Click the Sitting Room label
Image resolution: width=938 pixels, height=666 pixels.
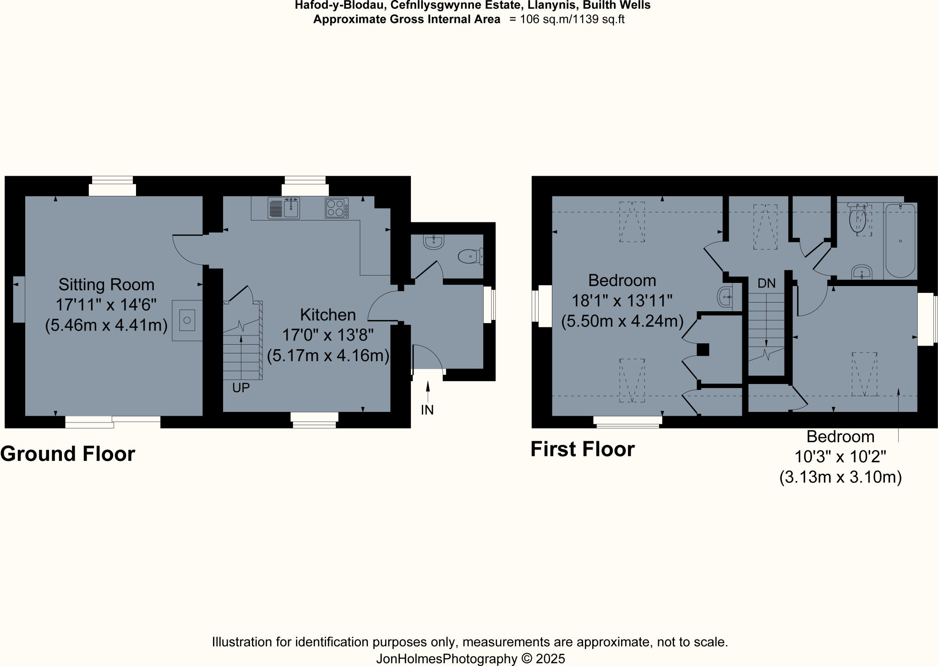tap(106, 285)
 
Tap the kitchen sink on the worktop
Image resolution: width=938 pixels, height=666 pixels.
tap(284, 208)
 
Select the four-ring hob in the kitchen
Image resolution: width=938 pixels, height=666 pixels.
tap(337, 208)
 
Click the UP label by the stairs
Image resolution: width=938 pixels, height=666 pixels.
tap(241, 388)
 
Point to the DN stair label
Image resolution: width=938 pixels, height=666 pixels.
tap(766, 283)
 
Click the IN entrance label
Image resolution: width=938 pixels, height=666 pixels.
tap(427, 410)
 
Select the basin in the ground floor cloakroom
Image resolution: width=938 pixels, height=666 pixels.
tap(433, 242)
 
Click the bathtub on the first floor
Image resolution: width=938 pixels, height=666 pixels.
tap(900, 241)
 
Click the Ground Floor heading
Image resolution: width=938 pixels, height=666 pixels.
tap(68, 454)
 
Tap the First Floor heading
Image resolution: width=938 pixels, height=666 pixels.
tap(582, 449)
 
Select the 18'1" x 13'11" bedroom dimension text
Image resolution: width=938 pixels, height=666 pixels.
tap(622, 301)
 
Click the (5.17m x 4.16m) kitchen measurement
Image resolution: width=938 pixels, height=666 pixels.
tap(328, 356)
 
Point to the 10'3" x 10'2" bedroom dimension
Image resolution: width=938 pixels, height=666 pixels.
tap(840, 457)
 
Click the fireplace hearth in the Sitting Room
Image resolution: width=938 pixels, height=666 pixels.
tap(187, 320)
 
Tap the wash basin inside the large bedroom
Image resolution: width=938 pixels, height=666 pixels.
tap(725, 297)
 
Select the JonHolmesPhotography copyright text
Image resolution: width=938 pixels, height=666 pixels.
tap(470, 659)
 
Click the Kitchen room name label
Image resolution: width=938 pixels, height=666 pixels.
tap(328, 315)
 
